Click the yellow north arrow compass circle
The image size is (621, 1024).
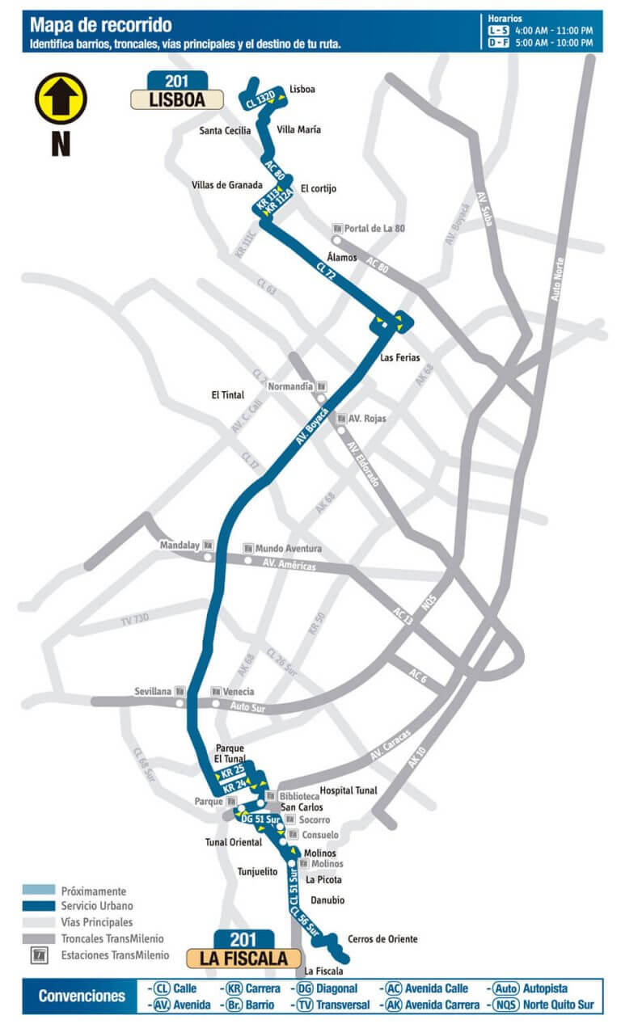tap(61, 99)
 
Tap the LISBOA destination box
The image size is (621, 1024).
tap(178, 99)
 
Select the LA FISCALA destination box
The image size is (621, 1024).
tap(240, 959)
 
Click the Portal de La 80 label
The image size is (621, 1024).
tap(374, 228)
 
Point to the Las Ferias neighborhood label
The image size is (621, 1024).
tap(400, 356)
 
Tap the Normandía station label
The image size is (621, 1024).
tap(290, 386)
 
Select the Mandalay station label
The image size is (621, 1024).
tap(180, 545)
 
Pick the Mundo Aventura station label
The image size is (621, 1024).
tap(289, 549)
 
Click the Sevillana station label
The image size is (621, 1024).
tap(153, 692)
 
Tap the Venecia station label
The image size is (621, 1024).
tap(239, 692)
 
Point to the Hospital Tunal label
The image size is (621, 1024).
tap(349, 790)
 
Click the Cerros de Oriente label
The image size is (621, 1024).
tap(382, 939)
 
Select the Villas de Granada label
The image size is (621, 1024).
tap(227, 185)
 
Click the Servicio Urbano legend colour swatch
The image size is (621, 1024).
tap(39, 906)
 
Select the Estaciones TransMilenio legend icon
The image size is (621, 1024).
tap(39, 955)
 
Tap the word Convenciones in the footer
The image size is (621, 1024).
tap(82, 996)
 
